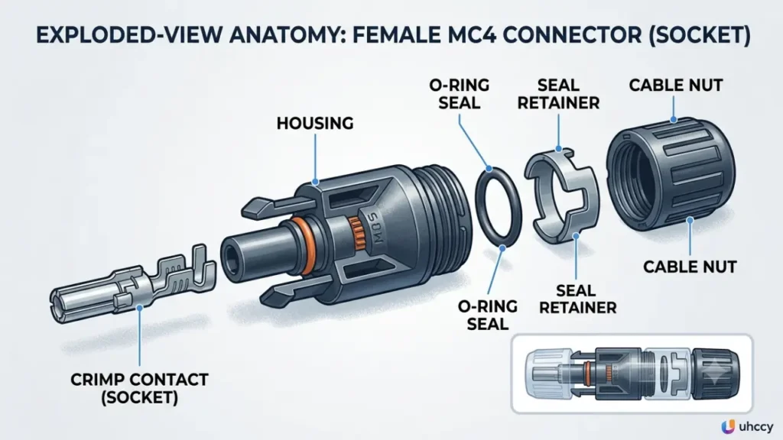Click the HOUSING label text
pyautogui.click(x=315, y=123)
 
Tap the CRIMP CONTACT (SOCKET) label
pyautogui.click(x=139, y=389)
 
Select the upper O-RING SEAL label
pyautogui.click(x=459, y=94)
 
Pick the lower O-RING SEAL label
pyautogui.click(x=487, y=315)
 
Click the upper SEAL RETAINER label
pyautogui.click(x=558, y=94)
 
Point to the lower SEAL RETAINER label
pyautogui.click(x=578, y=299)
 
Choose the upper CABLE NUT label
pyautogui.click(x=676, y=86)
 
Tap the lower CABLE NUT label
pyautogui.click(x=690, y=267)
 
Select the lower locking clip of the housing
pyautogui.click(x=284, y=296)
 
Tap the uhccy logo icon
pyautogui.click(x=728, y=426)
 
